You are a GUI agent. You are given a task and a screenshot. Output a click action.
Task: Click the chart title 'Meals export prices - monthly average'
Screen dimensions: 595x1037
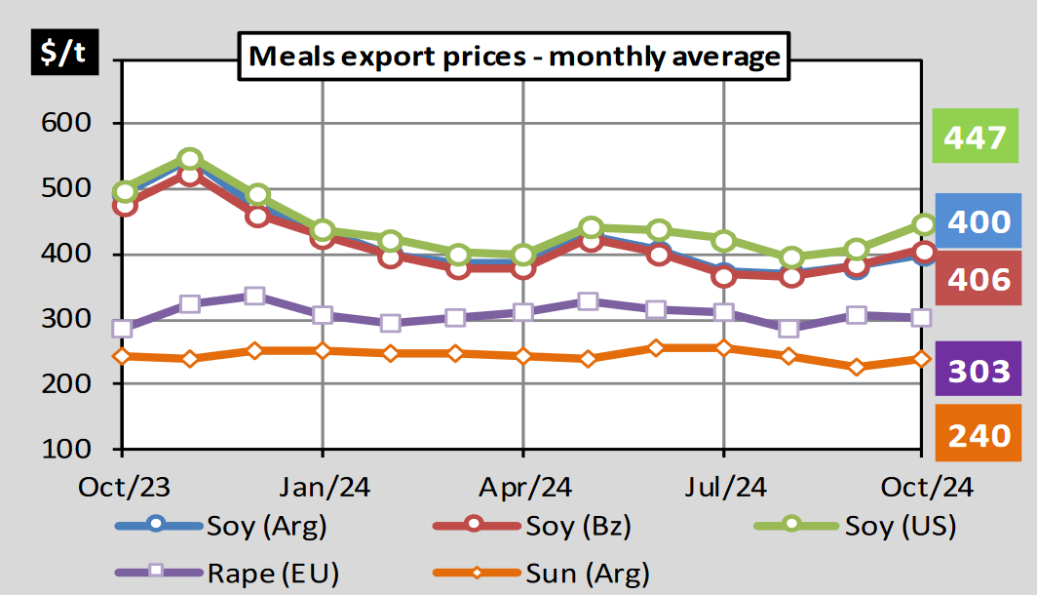(515, 56)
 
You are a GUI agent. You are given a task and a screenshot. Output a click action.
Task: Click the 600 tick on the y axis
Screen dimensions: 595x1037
(66, 124)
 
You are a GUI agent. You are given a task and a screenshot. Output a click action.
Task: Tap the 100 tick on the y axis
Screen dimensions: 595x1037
(66, 450)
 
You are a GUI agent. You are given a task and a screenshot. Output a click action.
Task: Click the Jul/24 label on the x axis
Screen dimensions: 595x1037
(722, 486)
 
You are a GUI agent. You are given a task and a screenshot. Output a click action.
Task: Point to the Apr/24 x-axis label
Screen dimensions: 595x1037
(523, 486)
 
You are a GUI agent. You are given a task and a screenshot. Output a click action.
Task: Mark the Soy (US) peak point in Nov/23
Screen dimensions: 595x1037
(190, 159)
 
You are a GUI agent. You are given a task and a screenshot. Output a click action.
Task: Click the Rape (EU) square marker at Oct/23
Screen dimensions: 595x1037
(122, 328)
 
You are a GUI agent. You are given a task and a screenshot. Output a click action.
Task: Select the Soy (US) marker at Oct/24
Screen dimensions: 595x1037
(922, 225)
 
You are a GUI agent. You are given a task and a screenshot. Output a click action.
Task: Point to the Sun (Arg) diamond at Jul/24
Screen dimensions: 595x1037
(723, 347)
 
